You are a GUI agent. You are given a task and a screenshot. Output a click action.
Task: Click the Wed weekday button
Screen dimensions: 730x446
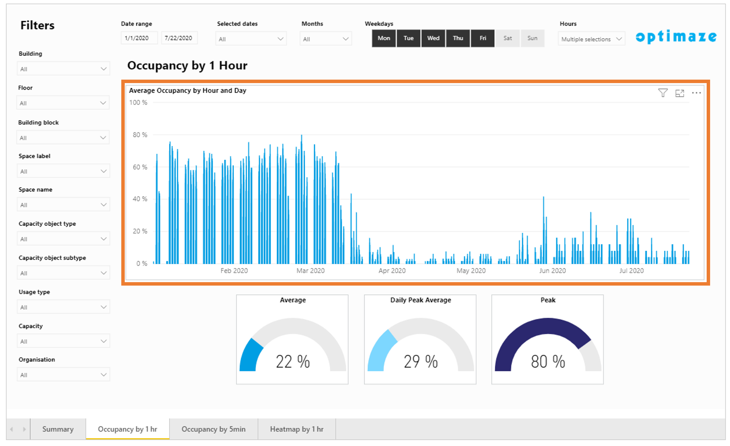433,38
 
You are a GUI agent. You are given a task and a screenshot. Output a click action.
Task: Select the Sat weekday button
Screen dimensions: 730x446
507,38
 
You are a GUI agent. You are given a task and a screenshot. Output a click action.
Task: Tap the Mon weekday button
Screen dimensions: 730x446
384,38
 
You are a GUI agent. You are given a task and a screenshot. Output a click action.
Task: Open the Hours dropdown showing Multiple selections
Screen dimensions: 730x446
591,39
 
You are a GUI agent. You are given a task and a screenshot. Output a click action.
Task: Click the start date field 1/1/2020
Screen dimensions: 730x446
139,38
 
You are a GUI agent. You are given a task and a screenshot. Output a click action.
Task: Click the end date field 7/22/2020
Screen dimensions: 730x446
179,38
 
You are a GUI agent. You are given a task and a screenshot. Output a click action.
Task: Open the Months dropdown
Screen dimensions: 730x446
326,39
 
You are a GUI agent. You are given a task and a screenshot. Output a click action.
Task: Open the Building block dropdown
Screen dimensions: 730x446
63,138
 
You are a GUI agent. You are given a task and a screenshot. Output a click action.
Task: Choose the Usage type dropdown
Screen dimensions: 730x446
64,307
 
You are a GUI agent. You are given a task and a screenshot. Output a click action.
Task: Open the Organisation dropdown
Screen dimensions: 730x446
64,375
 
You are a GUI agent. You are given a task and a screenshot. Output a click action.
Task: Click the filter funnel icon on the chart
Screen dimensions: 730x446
663,93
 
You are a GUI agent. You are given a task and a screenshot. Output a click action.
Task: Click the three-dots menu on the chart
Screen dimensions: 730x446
696,93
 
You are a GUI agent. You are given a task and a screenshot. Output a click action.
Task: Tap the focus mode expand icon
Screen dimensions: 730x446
679,93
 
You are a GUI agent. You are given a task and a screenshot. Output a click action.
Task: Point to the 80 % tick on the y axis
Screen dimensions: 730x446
140,135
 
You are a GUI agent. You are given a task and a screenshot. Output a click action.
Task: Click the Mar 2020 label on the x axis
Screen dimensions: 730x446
310,271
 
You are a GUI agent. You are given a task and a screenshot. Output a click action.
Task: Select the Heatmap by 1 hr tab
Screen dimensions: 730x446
297,429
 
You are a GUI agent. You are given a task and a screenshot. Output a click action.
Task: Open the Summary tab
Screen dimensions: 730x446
58,429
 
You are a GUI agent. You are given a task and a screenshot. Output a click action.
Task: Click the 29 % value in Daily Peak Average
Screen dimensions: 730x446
420,362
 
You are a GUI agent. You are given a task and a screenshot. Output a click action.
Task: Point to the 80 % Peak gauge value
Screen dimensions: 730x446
548,362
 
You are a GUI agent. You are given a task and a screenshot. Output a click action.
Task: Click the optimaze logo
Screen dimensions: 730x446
676,37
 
